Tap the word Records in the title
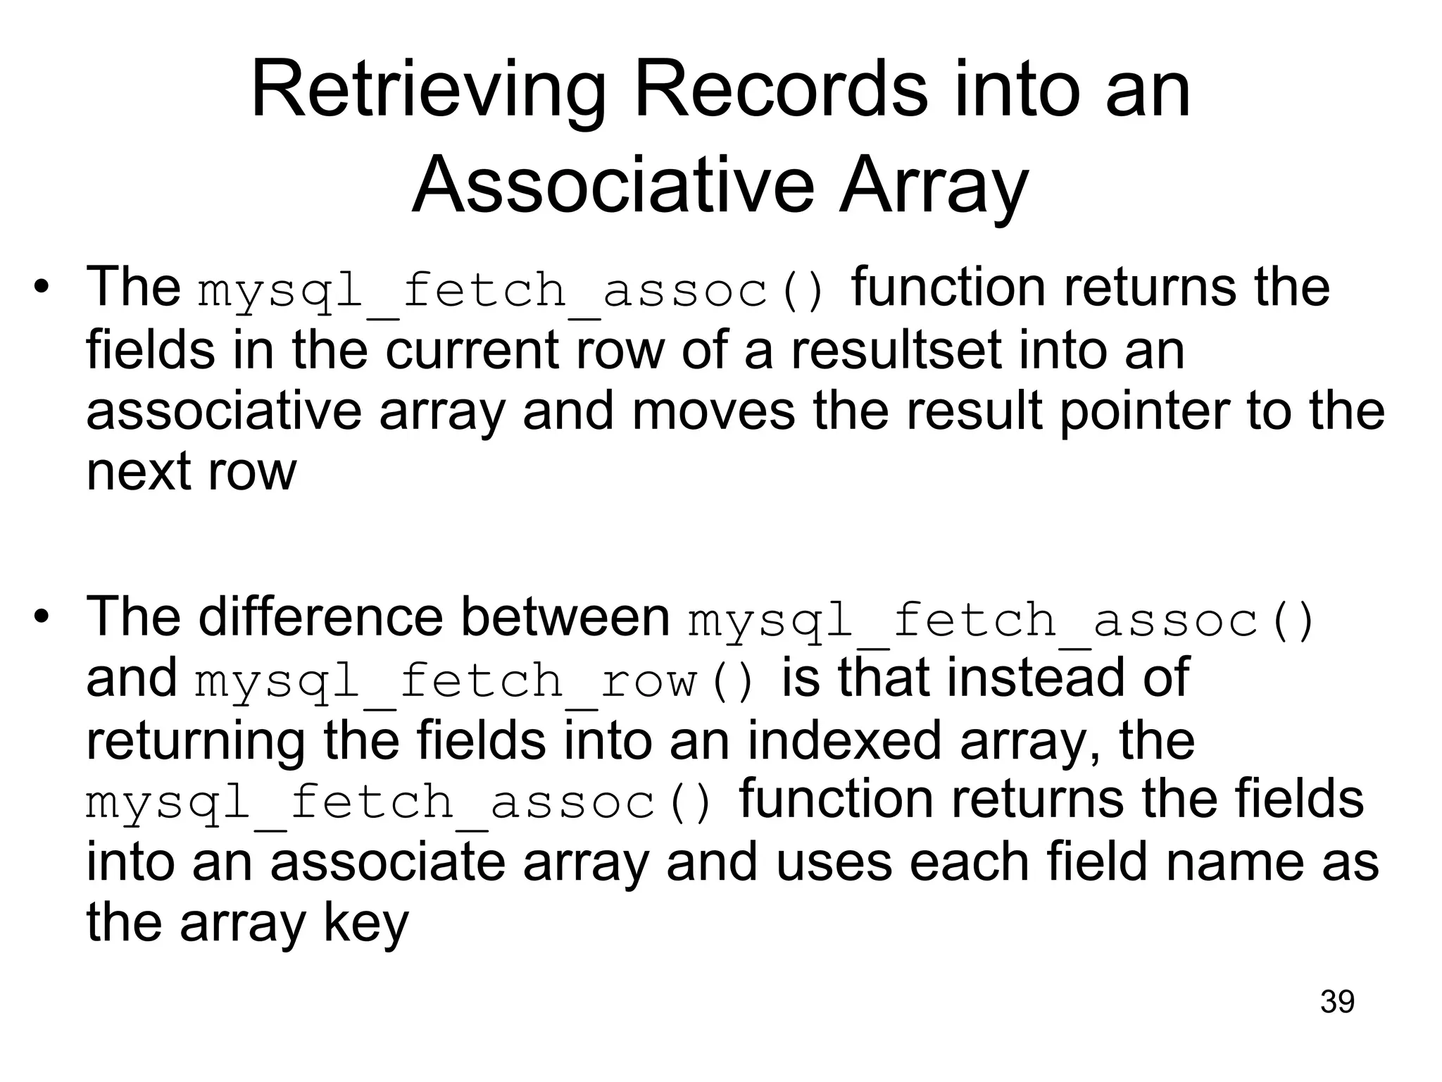pos(781,92)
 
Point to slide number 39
pos(1337,1002)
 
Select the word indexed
pos(844,741)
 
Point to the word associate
pos(388,863)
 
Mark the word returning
pos(196,742)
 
